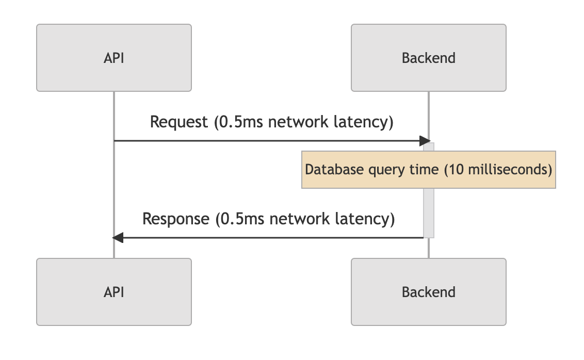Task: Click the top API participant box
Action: click(x=114, y=58)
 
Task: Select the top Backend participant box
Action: click(x=428, y=58)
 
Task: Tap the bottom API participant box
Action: click(x=114, y=292)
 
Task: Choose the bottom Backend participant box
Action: click(x=428, y=292)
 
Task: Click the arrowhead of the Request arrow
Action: click(x=425, y=140)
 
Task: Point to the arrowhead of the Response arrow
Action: click(x=118, y=238)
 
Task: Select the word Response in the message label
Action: click(x=173, y=219)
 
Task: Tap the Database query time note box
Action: click(x=428, y=170)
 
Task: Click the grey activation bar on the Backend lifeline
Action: click(x=429, y=211)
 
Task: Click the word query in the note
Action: click(x=378, y=170)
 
